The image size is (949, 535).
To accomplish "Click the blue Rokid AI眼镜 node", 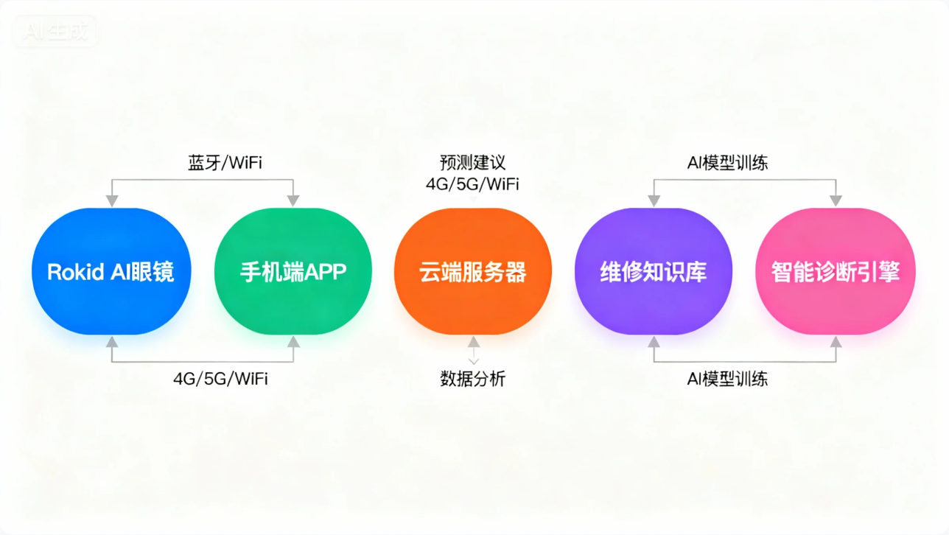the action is point(111,271).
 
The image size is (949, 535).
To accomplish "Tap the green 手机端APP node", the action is point(293,271).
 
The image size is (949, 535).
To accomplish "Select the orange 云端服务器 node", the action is point(473,271).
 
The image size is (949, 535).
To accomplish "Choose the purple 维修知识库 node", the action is point(654,271).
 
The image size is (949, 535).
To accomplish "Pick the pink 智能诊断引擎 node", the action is point(836,271).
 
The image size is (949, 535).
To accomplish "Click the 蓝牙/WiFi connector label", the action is point(225,163).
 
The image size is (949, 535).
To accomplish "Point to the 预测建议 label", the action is point(472,163).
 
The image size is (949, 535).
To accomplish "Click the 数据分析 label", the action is point(473,379).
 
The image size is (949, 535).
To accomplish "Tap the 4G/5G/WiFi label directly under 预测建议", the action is point(472,184).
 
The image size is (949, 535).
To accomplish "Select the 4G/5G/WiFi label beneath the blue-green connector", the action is point(220,379).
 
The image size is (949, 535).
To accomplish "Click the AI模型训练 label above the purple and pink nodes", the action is point(727,163).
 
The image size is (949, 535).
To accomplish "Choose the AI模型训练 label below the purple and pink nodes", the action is point(727,379).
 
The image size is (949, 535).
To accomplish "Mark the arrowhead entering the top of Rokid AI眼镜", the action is point(112,200).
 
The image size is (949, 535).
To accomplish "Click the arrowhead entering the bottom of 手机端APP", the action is point(293,342).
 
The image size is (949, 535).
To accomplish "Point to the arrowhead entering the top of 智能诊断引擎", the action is point(836,200).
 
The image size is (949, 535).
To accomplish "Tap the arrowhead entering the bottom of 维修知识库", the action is point(654,342).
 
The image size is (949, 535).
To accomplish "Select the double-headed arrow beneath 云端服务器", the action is point(473,352).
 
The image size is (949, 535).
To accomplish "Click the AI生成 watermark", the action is point(55,32).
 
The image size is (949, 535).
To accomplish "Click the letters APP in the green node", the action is point(324,272).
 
